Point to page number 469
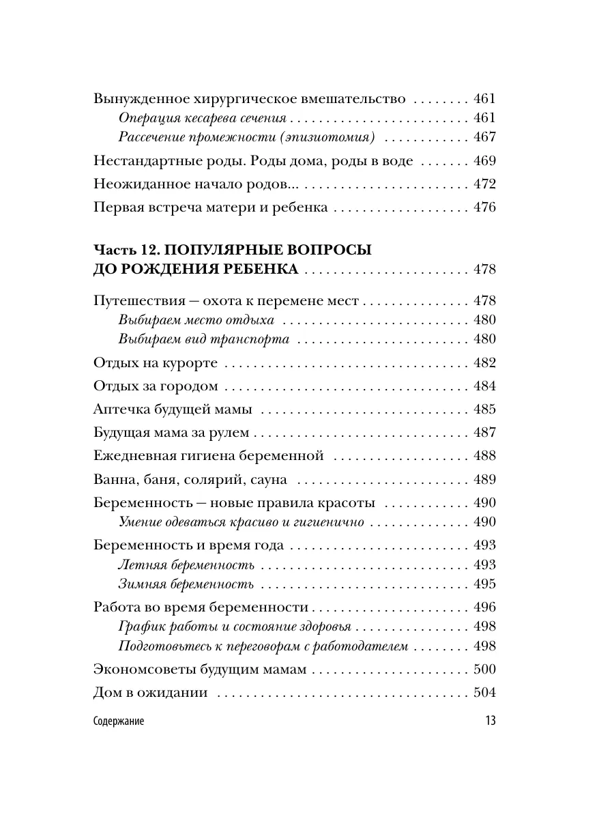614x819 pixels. pyautogui.click(x=484, y=162)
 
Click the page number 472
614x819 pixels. pyautogui.click(x=484, y=185)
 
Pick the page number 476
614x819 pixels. pyautogui.click(x=484, y=207)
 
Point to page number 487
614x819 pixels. pyautogui.click(x=484, y=433)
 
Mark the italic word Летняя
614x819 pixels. pyautogui.click(x=138, y=565)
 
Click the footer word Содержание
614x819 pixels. pyautogui.click(x=118, y=722)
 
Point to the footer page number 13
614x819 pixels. pyautogui.click(x=489, y=722)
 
